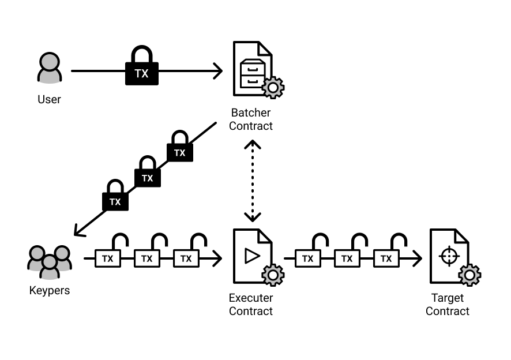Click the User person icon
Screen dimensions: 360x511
49,69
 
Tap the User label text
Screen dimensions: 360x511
49,100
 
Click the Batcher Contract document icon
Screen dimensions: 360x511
253,67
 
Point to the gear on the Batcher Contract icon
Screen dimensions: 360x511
272,87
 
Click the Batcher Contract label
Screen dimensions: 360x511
251,119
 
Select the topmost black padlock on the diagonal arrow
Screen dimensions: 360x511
180,148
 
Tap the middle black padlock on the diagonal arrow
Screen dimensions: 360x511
148,174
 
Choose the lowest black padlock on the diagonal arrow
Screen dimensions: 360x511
115,197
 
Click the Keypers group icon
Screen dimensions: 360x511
49,259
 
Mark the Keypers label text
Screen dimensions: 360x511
50,290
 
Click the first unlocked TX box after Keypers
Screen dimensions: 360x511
108,259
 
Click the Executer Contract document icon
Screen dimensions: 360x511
253,256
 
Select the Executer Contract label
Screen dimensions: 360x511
251,305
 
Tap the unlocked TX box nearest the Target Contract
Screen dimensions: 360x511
386,259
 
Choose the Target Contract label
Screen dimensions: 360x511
448,305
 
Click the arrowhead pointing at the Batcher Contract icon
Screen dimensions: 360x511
217,72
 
